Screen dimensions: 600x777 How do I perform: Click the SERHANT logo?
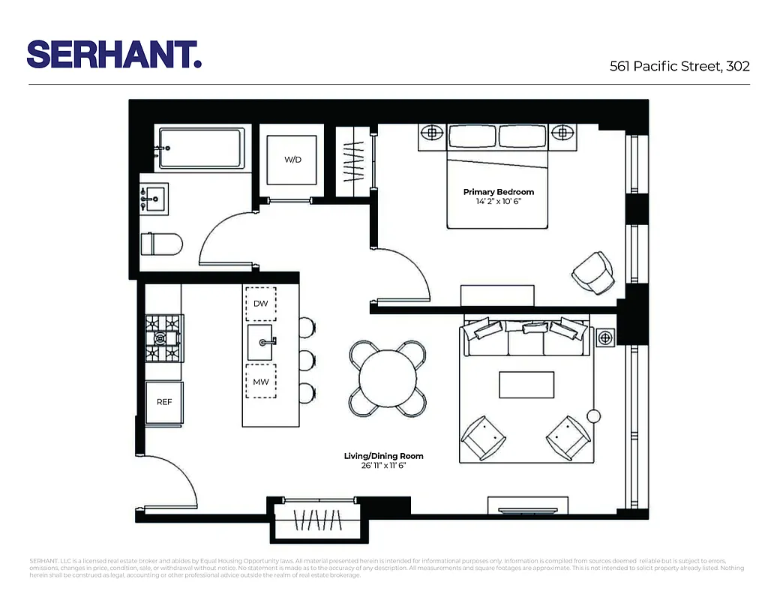pyautogui.click(x=114, y=54)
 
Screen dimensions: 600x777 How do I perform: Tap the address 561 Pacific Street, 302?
pyautogui.click(x=679, y=66)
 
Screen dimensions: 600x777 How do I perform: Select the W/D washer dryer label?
pyautogui.click(x=292, y=160)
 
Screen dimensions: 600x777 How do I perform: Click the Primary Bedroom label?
pyautogui.click(x=498, y=192)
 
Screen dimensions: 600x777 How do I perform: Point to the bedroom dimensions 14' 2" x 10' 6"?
pyautogui.click(x=498, y=202)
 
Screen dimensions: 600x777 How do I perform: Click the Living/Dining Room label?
pyautogui.click(x=383, y=456)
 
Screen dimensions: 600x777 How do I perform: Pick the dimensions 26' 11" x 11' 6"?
pyautogui.click(x=383, y=466)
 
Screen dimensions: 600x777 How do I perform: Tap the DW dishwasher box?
pyautogui.click(x=261, y=304)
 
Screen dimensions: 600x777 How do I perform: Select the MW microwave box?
pyautogui.click(x=261, y=382)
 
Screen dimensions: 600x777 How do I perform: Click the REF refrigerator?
pyautogui.click(x=164, y=402)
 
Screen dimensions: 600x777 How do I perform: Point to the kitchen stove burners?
pyautogui.click(x=164, y=338)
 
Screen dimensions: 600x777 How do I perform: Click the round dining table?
pyautogui.click(x=387, y=378)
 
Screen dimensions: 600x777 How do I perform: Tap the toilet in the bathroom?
pyautogui.click(x=162, y=244)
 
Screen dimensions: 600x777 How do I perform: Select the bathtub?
pyautogui.click(x=201, y=148)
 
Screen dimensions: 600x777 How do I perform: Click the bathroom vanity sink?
pyautogui.click(x=153, y=199)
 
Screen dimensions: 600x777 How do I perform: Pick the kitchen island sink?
pyautogui.click(x=262, y=342)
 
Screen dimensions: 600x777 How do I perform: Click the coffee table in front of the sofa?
pyautogui.click(x=526, y=385)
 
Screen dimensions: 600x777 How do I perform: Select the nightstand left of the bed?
pyautogui.click(x=431, y=133)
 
